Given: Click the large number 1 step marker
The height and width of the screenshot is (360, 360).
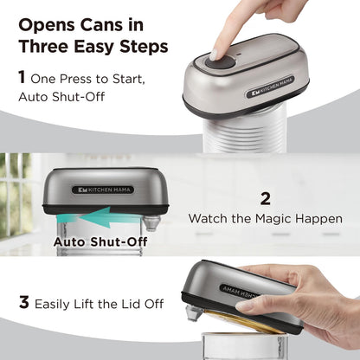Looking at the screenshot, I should pyautogui.click(x=22, y=78).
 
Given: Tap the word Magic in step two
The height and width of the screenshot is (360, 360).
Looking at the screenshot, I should pyautogui.click(x=278, y=219).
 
